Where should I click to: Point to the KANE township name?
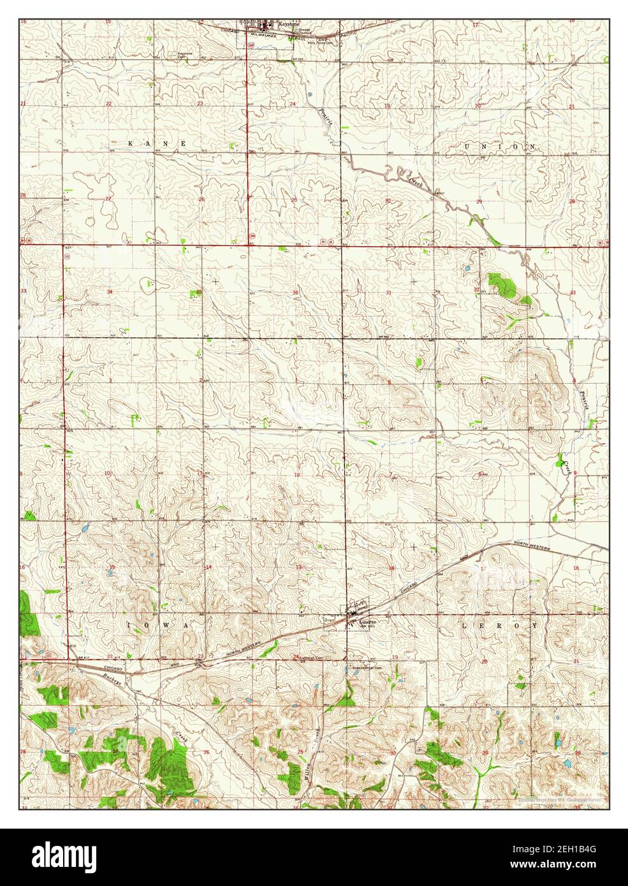pos(157,144)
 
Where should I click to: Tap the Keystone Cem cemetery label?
pos(185,55)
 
